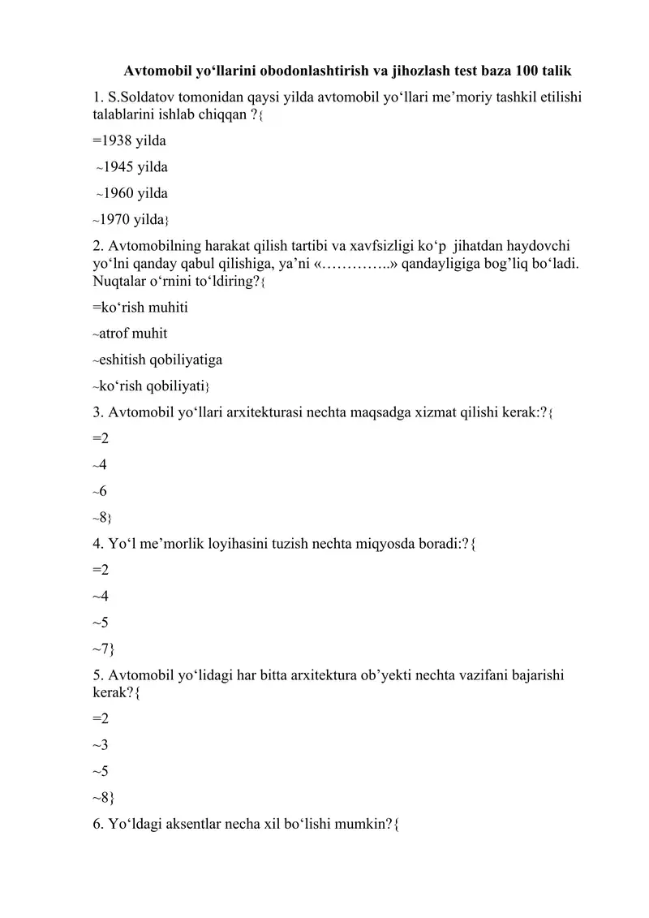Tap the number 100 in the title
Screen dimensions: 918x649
[527, 70]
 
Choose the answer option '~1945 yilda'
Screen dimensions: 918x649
[131, 167]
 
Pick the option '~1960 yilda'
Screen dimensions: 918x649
[131, 193]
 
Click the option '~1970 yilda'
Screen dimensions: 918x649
[130, 219]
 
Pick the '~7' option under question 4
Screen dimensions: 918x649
[102, 648]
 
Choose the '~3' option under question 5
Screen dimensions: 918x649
[101, 744]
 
